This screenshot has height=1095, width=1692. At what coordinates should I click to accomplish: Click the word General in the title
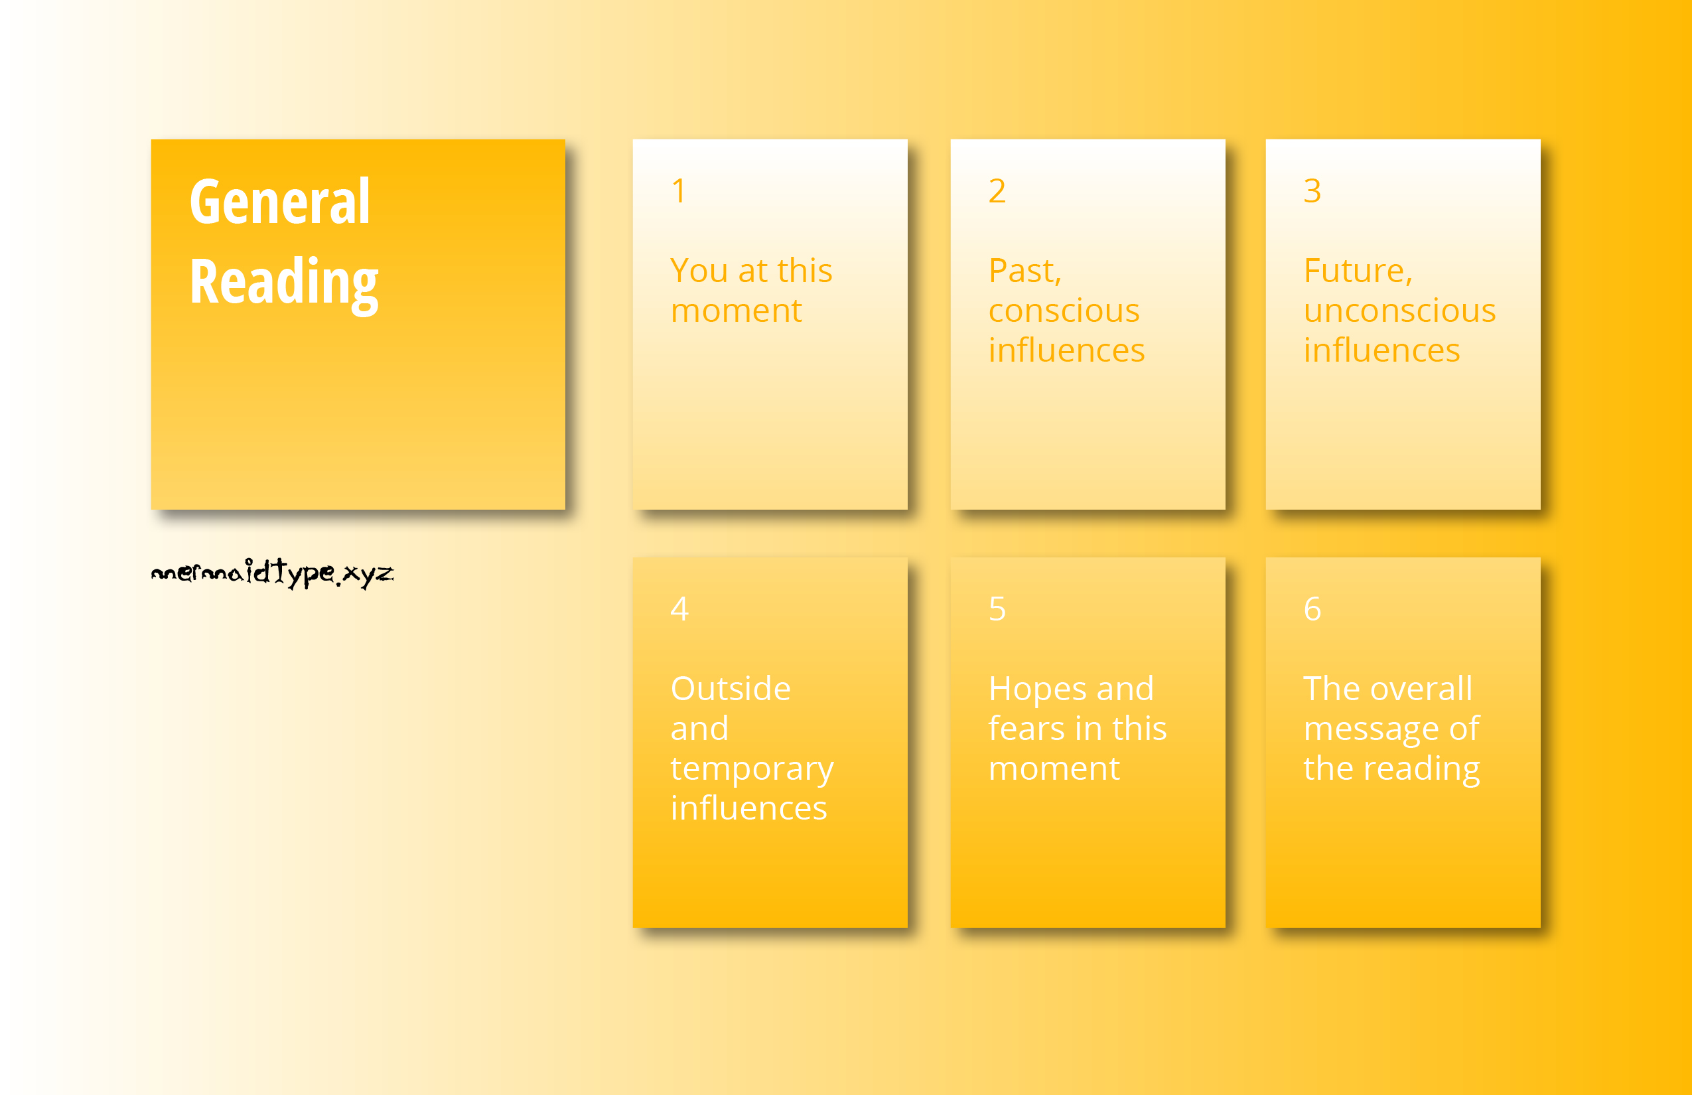(x=280, y=202)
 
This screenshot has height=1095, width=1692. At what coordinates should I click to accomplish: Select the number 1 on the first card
(x=679, y=190)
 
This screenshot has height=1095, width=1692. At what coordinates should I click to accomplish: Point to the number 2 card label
(x=997, y=190)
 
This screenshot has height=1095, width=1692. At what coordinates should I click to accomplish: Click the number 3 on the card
(x=1312, y=190)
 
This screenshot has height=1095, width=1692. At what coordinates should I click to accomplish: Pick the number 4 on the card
(x=679, y=609)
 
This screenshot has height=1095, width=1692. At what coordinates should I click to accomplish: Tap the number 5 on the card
(x=997, y=609)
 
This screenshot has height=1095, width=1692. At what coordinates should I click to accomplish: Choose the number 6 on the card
(x=1312, y=609)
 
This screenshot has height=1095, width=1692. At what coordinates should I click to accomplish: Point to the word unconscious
(x=1400, y=311)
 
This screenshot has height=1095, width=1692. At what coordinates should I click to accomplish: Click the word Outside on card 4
(x=731, y=688)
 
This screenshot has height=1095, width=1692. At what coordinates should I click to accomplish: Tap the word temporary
(x=752, y=769)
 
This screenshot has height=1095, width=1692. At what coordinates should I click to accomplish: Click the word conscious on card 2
(x=1064, y=311)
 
